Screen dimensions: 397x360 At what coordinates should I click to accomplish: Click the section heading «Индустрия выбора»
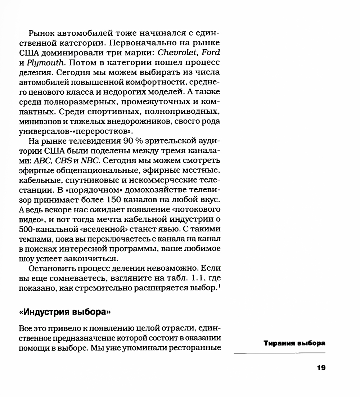point(64,312)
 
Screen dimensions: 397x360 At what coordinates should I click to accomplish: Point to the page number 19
point(321,367)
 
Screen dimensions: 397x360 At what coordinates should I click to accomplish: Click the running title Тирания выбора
point(294,343)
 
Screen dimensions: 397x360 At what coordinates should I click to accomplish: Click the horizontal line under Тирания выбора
point(279,354)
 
